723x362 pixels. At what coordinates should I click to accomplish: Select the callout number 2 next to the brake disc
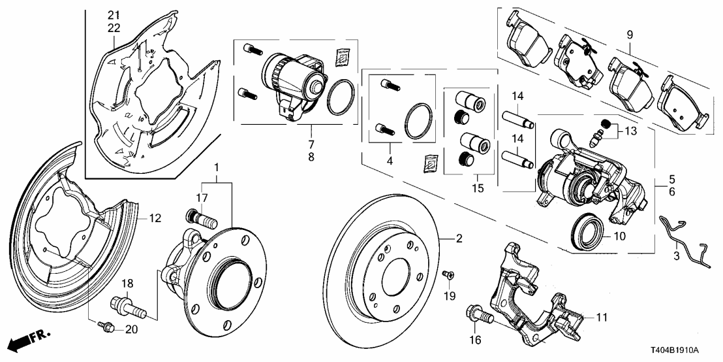459,240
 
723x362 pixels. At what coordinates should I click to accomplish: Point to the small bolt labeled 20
104,325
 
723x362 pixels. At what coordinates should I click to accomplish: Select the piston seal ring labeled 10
586,231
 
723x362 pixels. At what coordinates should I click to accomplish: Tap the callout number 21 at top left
114,15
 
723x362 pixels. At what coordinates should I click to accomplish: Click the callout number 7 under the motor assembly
311,144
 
